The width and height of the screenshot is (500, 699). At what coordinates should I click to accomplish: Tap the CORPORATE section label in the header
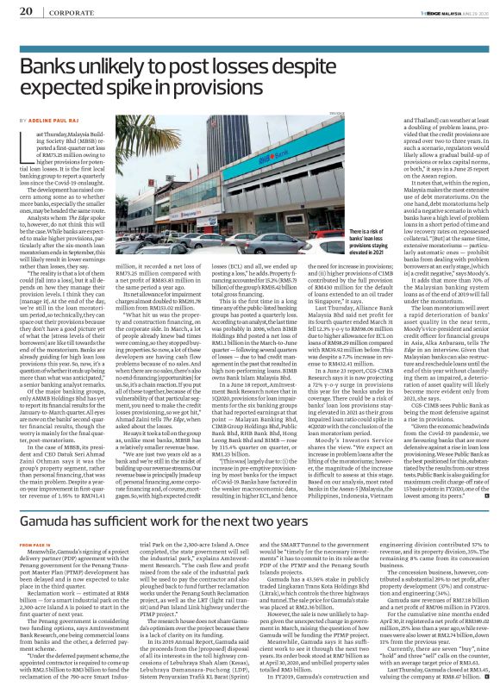tap(66, 10)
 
